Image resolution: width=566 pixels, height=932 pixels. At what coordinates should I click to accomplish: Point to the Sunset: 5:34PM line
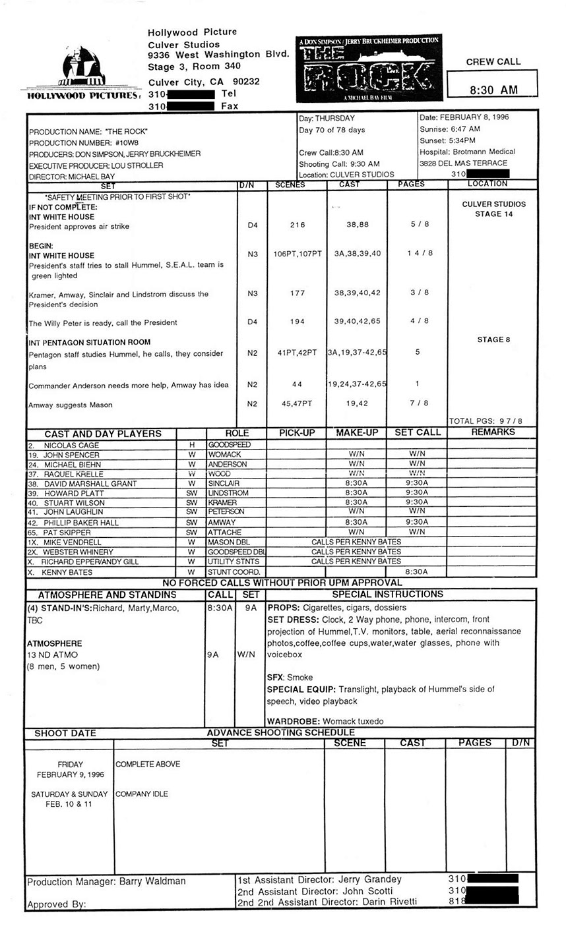coord(448,140)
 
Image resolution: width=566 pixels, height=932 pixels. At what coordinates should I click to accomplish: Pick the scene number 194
coord(298,322)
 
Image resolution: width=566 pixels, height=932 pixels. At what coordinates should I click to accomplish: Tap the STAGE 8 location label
coord(491,340)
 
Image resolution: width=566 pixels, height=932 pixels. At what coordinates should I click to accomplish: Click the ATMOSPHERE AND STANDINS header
coord(107,595)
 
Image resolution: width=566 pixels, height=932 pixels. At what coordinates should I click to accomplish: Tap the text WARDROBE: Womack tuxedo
coord(325,721)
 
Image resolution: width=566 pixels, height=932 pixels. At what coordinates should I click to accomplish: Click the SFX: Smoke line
coord(290,678)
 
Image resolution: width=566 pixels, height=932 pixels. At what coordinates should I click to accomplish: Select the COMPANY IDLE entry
coord(142,794)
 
